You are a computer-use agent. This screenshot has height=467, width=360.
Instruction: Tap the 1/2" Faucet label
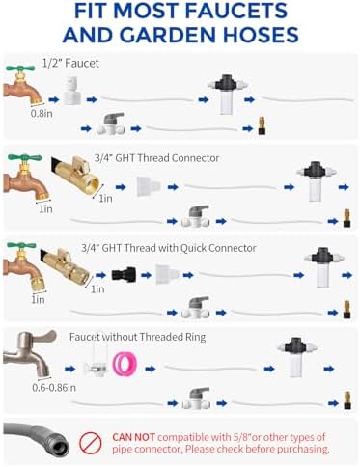pos(70,63)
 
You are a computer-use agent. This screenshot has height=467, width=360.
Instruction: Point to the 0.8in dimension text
pos(42,113)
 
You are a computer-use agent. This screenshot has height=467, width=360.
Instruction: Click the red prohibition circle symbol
pos(91,443)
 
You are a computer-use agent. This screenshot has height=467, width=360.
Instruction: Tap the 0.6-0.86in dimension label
pos(54,388)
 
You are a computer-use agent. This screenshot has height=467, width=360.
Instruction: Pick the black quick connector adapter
pos(124,275)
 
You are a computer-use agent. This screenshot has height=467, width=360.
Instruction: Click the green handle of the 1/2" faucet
pos(20,69)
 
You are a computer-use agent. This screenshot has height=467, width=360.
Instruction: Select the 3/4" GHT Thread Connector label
pos(156,158)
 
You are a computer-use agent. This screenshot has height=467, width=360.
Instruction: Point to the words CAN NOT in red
pos(133,437)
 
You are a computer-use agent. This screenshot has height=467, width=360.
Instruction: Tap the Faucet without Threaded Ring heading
pos(137,337)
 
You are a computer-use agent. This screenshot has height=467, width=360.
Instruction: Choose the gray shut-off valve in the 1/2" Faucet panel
pos(110,124)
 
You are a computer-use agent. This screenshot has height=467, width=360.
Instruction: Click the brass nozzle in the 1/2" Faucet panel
pos(262,126)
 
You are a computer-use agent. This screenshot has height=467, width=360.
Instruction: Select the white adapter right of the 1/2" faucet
pos(71,91)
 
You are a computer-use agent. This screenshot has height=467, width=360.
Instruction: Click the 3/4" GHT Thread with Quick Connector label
pos(169,248)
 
